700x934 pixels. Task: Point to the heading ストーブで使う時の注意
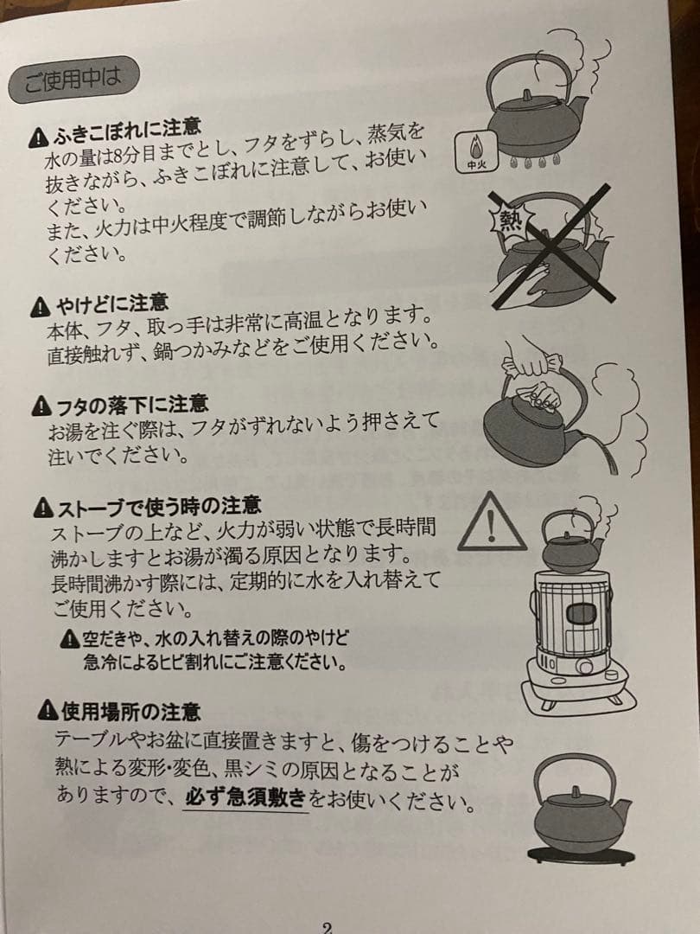147,505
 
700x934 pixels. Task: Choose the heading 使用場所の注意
121,712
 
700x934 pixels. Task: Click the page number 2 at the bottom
327,926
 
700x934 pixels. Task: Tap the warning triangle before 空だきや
70,641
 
